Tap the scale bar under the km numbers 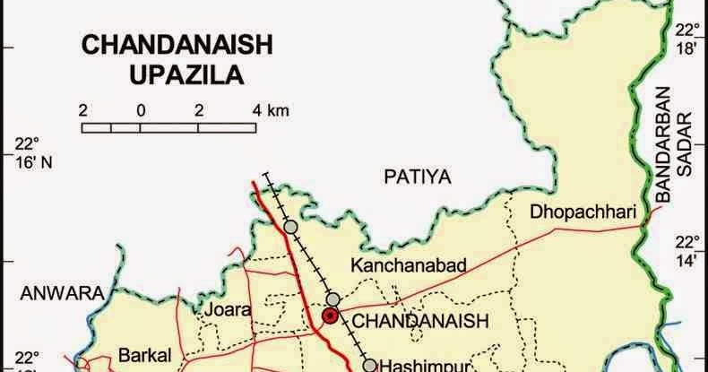169,127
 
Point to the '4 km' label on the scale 271,110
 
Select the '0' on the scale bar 141,110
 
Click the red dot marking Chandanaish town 331,316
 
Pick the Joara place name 228,310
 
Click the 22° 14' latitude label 687,251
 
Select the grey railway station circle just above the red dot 333,298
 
